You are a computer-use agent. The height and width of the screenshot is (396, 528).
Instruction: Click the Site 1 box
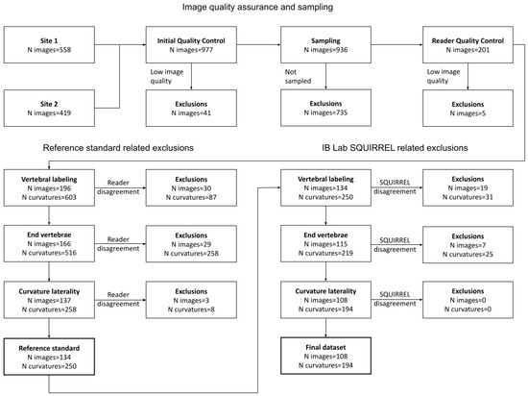point(48,45)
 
